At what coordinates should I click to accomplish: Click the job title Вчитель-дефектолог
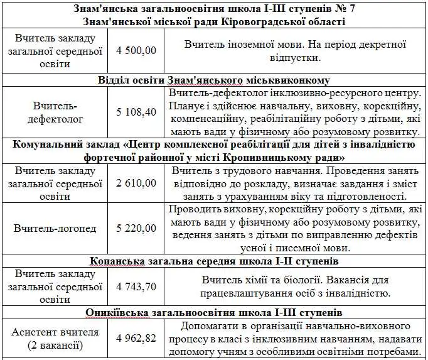55,112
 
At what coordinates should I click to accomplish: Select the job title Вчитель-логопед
55,227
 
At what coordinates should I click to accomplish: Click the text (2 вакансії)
55,346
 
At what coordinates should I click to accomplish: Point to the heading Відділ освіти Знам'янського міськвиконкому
214,80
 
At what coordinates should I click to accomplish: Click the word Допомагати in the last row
210,326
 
